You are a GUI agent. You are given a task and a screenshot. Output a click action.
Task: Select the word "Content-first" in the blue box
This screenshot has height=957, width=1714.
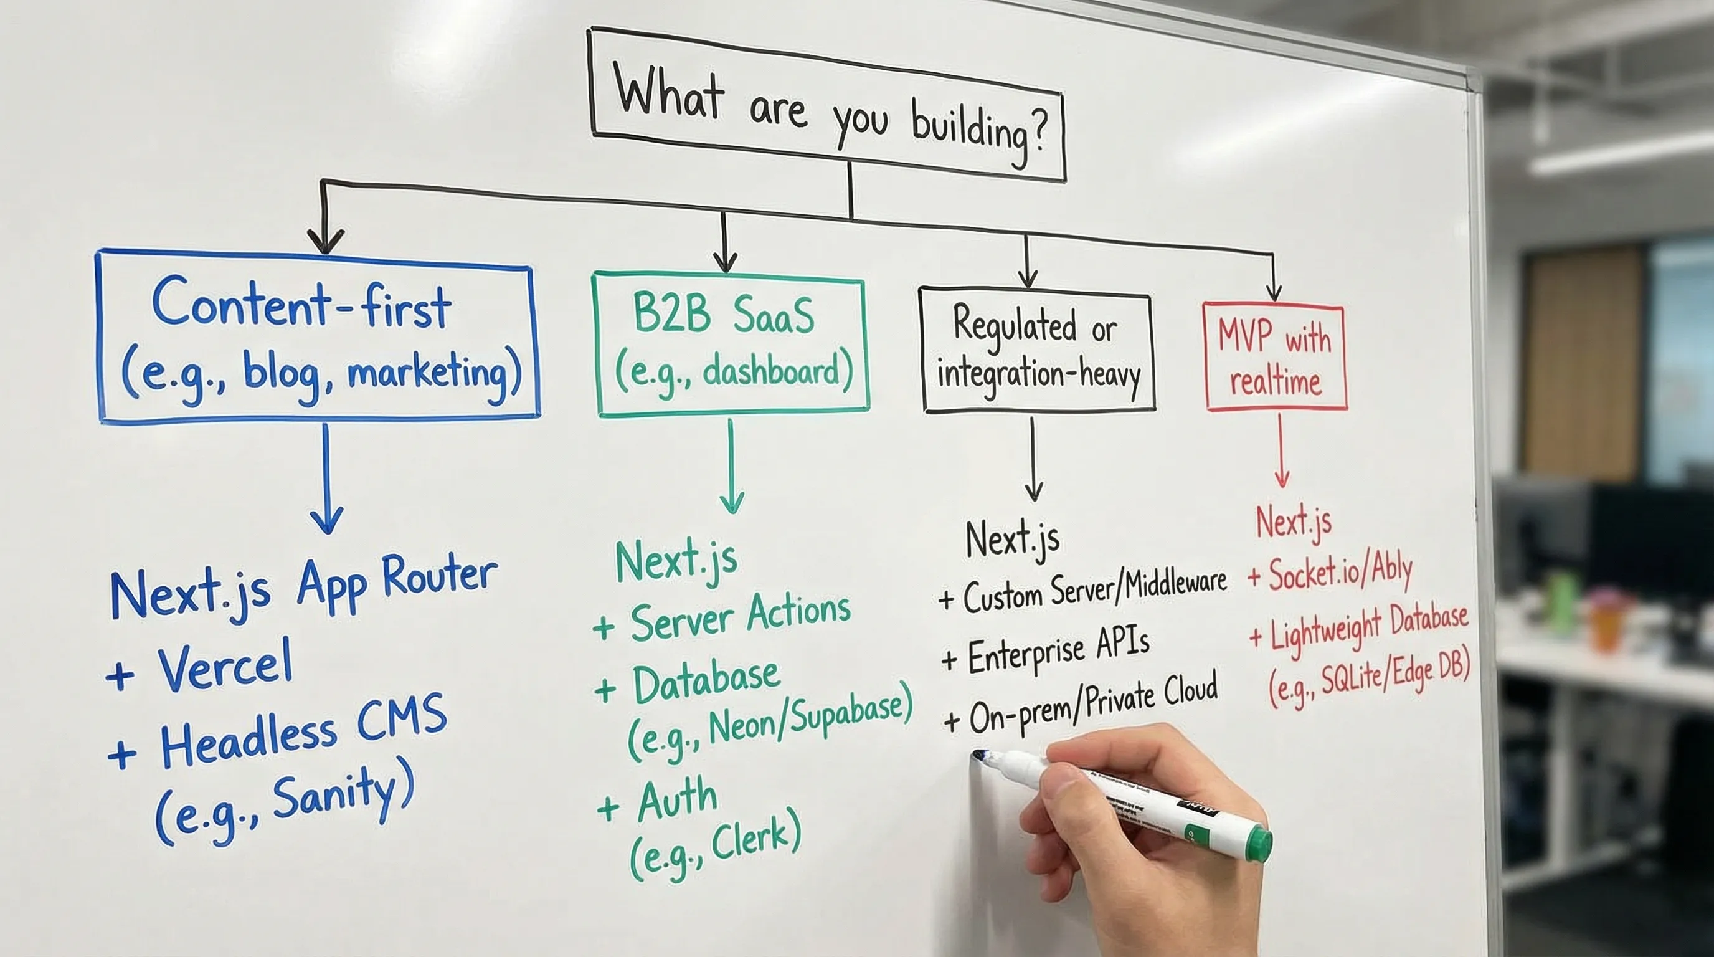click(x=301, y=305)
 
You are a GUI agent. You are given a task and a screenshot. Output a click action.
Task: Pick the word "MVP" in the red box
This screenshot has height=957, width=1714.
click(x=1245, y=335)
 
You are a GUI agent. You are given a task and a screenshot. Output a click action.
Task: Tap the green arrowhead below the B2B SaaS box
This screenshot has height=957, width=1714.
click(x=732, y=502)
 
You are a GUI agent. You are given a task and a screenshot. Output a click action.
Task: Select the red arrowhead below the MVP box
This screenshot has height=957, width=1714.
click(x=1282, y=478)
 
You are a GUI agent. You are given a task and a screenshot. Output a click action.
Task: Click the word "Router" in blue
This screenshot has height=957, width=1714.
click(x=440, y=576)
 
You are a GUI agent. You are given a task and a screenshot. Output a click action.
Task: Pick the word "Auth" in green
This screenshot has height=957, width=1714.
click(x=676, y=799)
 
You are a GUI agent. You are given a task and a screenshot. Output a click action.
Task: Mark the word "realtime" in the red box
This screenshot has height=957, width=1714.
click(x=1275, y=383)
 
